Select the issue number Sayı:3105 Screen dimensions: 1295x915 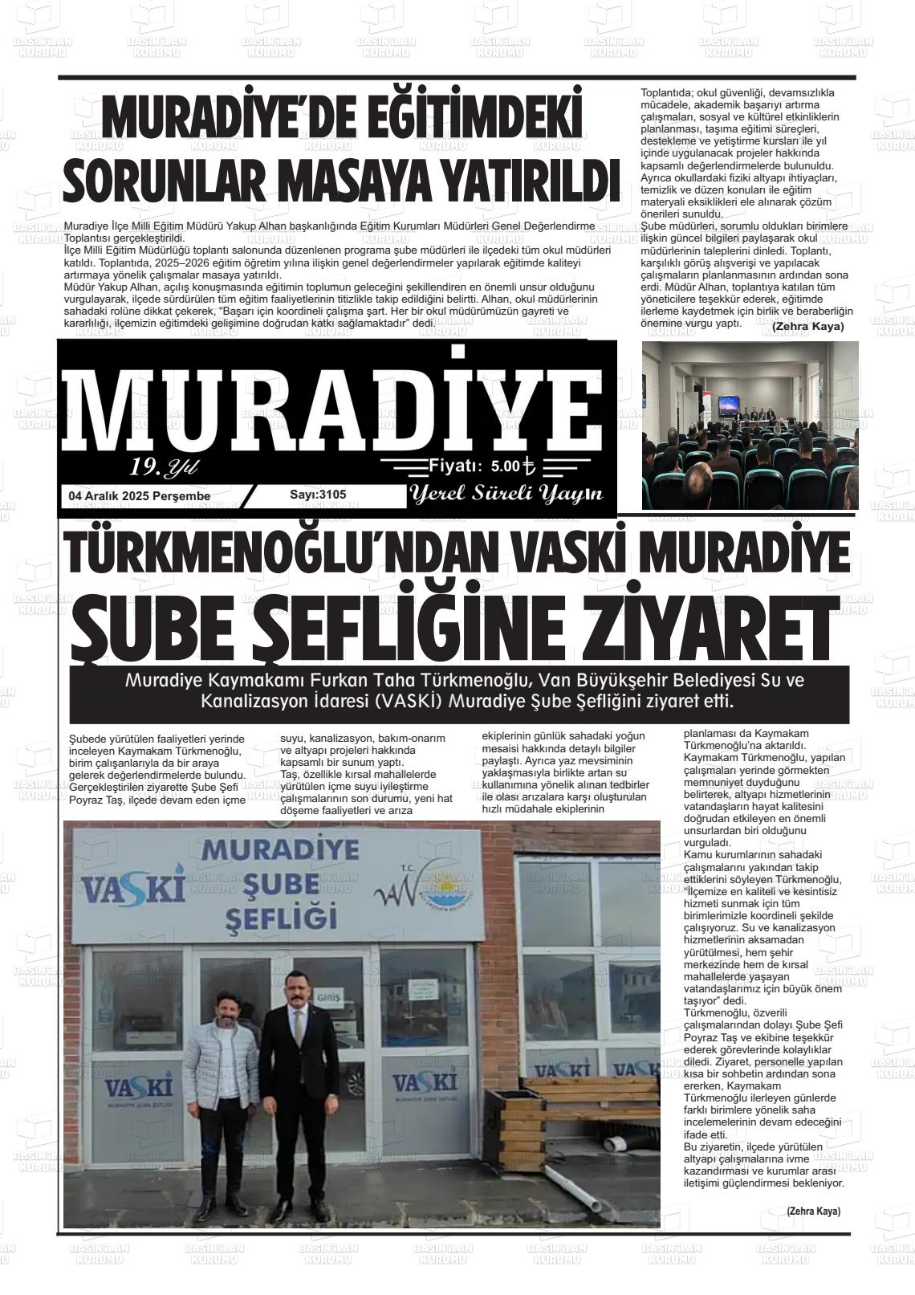[x=318, y=495]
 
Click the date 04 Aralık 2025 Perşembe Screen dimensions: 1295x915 [x=140, y=496]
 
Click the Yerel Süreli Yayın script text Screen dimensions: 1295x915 [x=506, y=494]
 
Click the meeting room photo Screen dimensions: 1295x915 [x=750, y=425]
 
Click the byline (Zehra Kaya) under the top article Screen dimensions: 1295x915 [x=807, y=326]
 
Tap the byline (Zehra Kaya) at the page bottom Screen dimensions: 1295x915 [x=813, y=1212]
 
